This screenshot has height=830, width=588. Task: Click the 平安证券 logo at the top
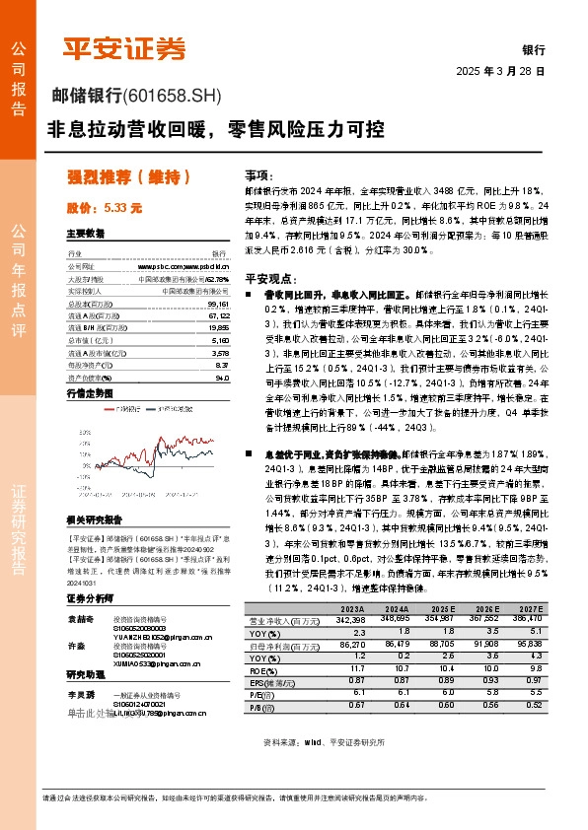(x=124, y=48)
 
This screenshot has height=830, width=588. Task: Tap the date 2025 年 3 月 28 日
(x=501, y=72)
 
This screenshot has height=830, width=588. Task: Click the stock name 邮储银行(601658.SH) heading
(x=137, y=96)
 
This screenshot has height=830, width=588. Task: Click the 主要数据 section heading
(x=86, y=234)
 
